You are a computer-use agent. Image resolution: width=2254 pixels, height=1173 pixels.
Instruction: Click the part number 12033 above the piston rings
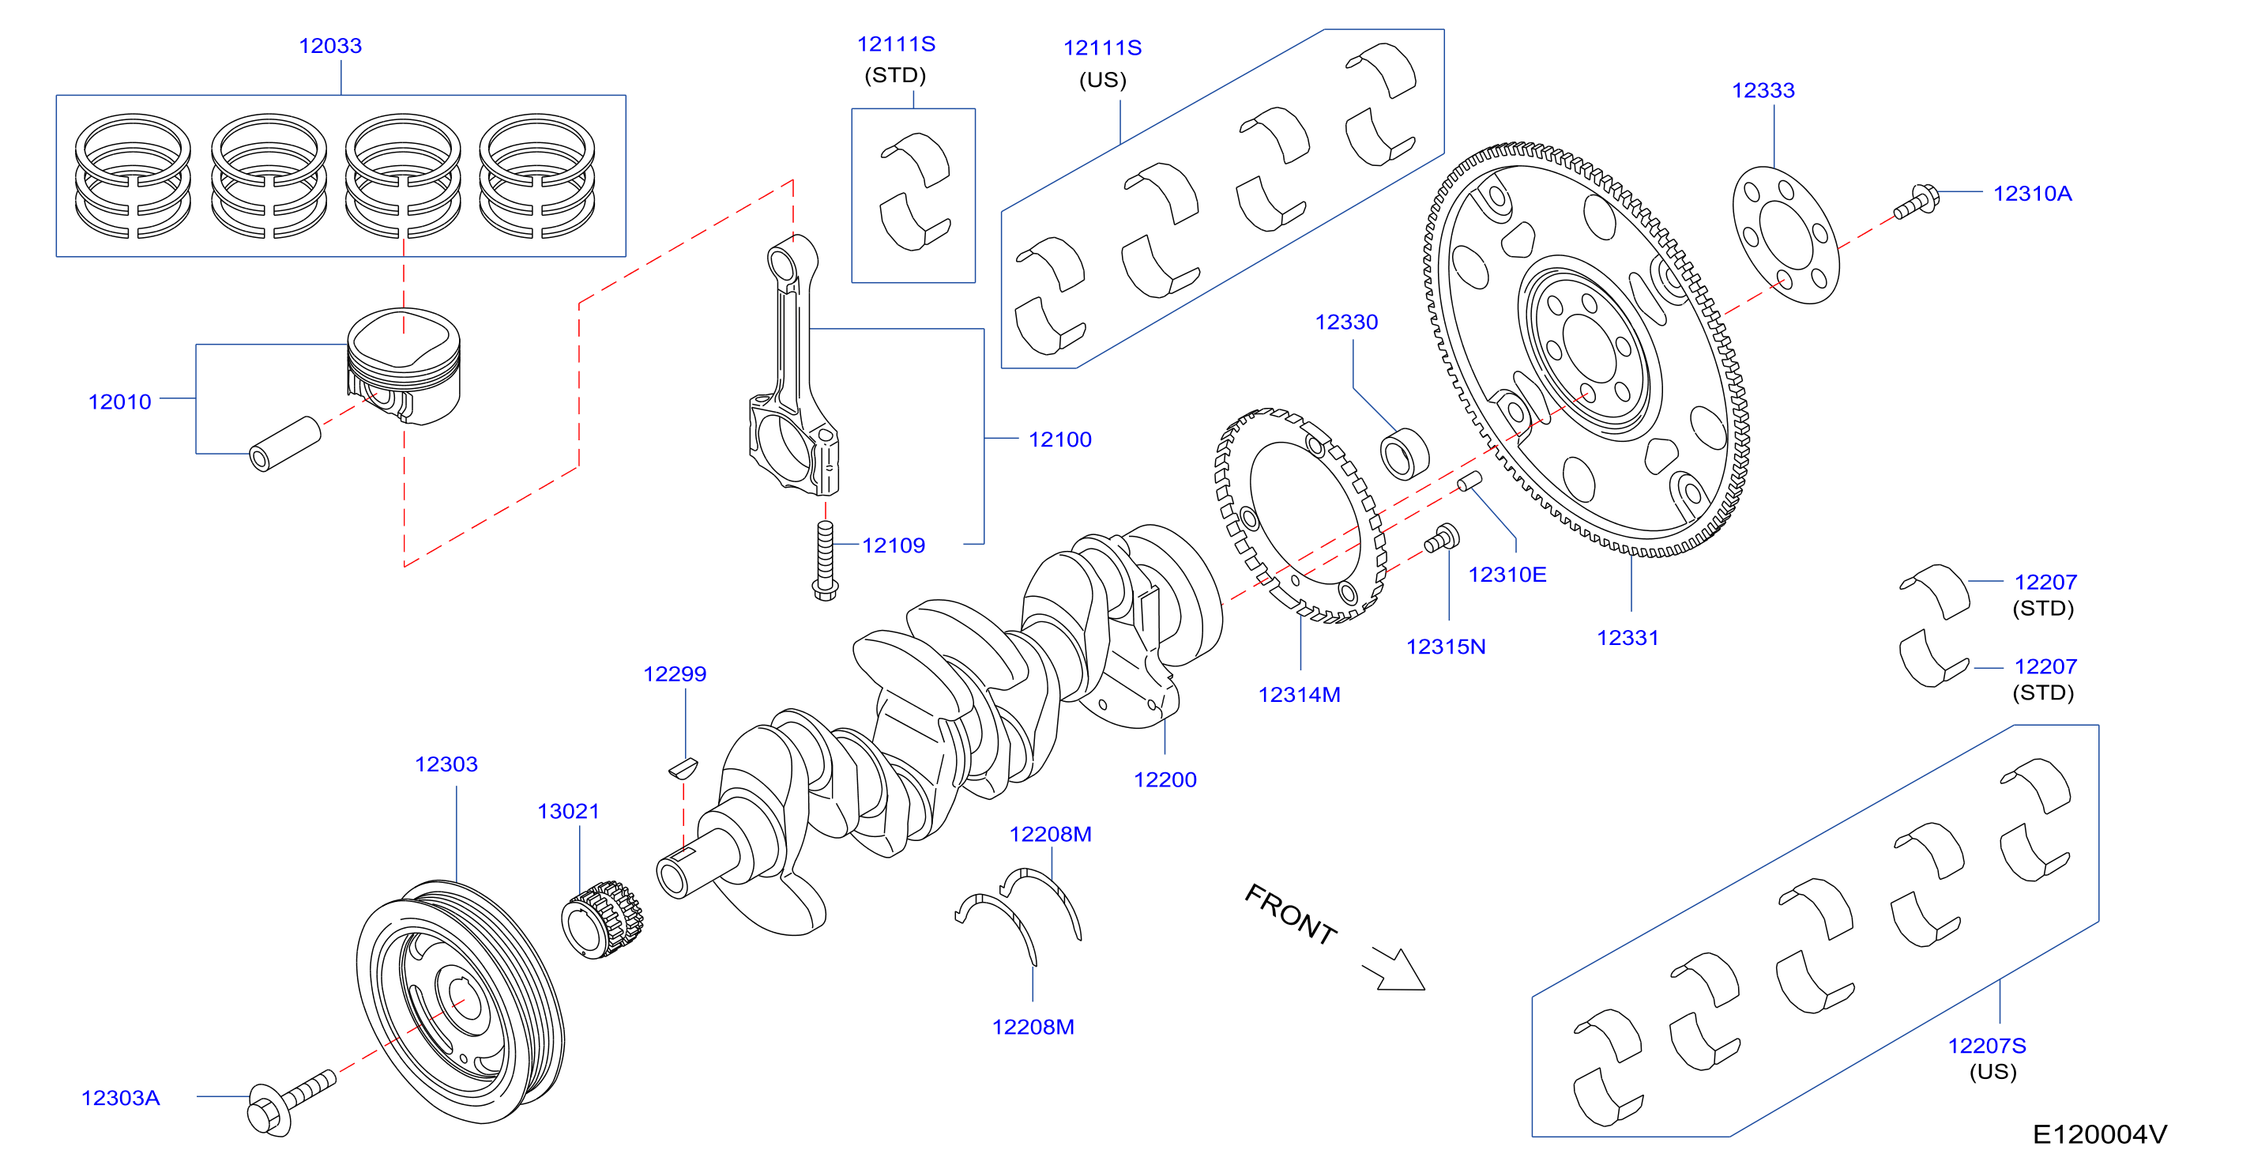point(330,46)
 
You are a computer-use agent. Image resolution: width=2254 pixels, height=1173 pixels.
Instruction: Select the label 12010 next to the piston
point(120,402)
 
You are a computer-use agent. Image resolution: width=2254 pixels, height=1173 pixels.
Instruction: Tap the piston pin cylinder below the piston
point(285,443)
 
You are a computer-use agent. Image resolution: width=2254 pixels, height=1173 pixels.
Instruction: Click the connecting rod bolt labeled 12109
point(825,561)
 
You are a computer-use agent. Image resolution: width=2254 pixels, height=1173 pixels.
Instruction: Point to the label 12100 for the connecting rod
point(1059,439)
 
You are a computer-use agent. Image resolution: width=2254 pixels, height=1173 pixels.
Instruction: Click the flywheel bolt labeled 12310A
point(1916,202)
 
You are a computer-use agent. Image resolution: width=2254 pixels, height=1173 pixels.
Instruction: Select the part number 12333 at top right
point(1763,90)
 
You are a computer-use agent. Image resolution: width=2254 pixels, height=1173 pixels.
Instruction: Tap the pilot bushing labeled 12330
point(1405,454)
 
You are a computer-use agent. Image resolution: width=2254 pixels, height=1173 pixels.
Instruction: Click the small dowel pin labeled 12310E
point(1469,481)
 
